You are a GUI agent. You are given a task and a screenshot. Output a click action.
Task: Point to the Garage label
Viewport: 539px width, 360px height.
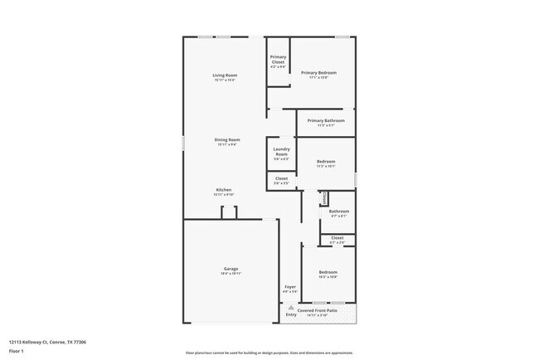pyautogui.click(x=231, y=270)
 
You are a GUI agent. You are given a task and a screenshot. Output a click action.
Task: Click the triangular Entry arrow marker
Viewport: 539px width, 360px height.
pyautogui.click(x=291, y=307)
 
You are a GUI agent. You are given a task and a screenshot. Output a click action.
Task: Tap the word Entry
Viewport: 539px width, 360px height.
pyautogui.click(x=291, y=314)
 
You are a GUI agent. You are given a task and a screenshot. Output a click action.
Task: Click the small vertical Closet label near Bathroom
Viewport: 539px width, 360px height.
pyautogui.click(x=324, y=198)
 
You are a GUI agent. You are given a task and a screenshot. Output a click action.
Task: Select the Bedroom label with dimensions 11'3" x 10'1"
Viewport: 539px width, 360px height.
pyautogui.click(x=326, y=163)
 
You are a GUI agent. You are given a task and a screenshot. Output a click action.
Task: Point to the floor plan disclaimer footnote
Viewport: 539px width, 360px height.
pyautogui.click(x=269, y=353)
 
